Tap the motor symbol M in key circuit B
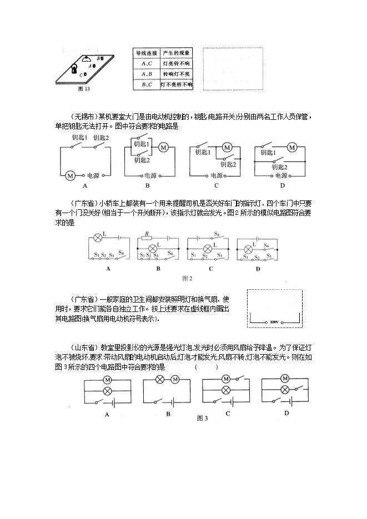click(164, 148)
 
